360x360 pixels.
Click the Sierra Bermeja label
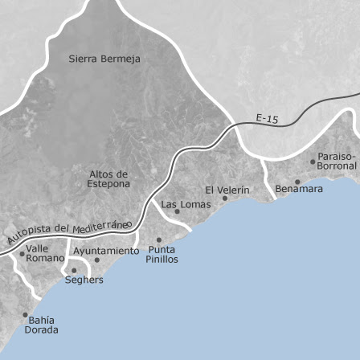click(104, 59)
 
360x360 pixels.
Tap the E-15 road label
click(267, 119)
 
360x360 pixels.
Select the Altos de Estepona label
click(108, 178)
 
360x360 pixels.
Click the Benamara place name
click(299, 189)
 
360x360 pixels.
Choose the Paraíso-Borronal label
click(336, 161)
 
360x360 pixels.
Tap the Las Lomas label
click(186, 205)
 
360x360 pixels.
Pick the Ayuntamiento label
click(106, 251)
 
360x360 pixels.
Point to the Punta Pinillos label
click(162, 254)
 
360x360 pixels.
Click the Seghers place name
click(84, 280)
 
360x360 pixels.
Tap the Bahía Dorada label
click(41, 324)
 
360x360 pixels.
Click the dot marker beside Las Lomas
click(177, 212)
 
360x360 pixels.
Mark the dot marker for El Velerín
click(226, 198)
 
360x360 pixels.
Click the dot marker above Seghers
click(74, 271)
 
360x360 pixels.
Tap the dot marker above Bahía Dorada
click(25, 315)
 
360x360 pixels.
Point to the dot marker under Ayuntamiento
click(97, 260)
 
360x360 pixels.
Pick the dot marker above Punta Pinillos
click(158, 239)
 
